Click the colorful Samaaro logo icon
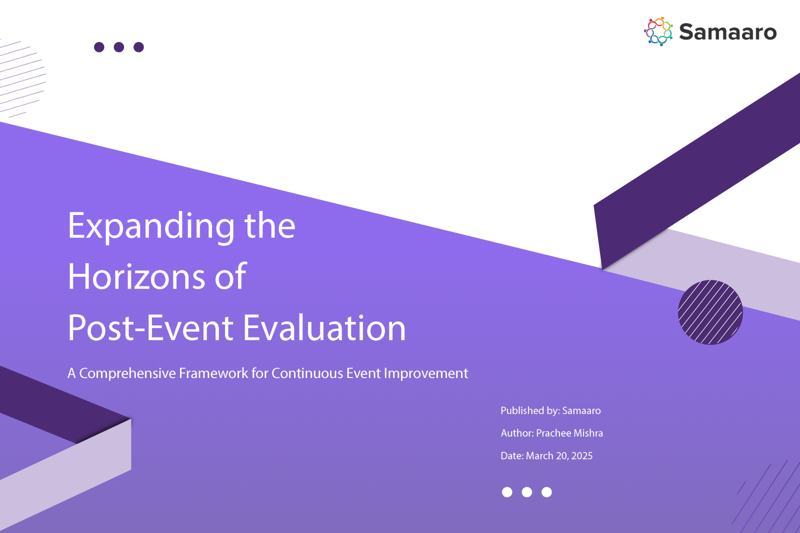[658, 31]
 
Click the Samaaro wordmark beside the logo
[728, 32]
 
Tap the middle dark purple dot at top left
[119, 47]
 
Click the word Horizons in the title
[136, 276]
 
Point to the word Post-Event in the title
[150, 328]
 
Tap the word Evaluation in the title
[324, 327]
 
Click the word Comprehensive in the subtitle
[127, 373]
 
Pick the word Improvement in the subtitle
[425, 373]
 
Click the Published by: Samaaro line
[550, 411]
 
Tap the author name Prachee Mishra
[569, 433]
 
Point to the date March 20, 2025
[559, 456]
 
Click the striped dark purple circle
[710, 312]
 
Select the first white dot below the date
[507, 492]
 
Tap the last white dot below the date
[547, 492]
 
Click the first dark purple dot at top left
[99, 47]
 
